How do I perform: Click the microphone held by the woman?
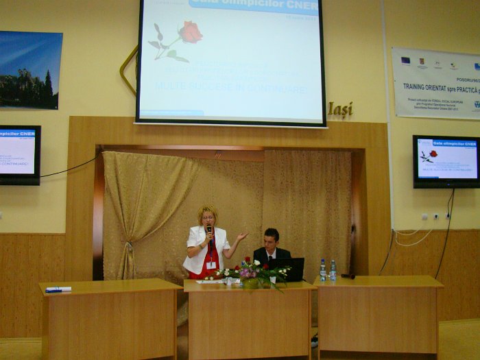(x=209, y=230)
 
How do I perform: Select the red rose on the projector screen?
(x=191, y=32)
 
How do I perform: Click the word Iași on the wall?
(x=340, y=109)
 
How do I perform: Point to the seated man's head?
(x=272, y=238)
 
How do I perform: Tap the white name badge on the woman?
(x=211, y=264)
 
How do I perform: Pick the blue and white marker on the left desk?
(x=58, y=289)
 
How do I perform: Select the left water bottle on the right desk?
(x=322, y=270)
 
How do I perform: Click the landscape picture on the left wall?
(x=30, y=69)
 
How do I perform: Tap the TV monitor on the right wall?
(x=446, y=160)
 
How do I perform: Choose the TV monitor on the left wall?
(x=19, y=154)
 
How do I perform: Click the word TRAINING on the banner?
(x=421, y=88)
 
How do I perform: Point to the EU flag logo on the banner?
(x=405, y=60)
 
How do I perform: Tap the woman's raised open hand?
(x=241, y=237)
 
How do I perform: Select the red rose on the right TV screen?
(x=433, y=154)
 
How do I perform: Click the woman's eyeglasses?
(x=208, y=218)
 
